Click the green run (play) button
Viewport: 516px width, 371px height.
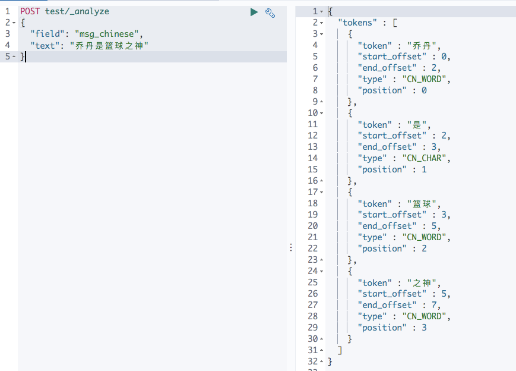click(x=254, y=12)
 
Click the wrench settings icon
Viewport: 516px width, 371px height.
click(x=270, y=12)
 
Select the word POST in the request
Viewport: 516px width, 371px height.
click(x=31, y=11)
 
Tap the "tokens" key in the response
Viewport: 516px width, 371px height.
click(x=358, y=23)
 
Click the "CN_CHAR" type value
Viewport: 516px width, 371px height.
click(x=426, y=158)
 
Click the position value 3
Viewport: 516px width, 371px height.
click(x=424, y=328)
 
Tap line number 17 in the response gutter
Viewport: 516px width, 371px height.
click(x=313, y=192)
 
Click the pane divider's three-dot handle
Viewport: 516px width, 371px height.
click(x=291, y=247)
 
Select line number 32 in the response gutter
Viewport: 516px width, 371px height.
click(x=313, y=361)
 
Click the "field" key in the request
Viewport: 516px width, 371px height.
click(x=48, y=34)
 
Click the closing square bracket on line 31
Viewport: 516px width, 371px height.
click(x=339, y=350)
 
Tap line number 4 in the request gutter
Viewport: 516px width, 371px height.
click(x=7, y=45)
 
